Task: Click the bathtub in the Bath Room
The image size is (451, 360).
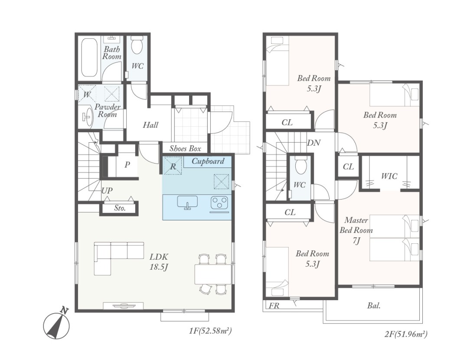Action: click(89, 58)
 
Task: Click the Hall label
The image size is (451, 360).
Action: click(151, 125)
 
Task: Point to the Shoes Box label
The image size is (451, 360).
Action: click(185, 148)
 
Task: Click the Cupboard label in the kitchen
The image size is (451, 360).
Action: click(208, 161)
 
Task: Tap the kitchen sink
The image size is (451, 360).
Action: click(187, 203)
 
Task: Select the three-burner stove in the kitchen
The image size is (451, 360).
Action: click(220, 202)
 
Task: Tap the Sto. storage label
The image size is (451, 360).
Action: click(120, 208)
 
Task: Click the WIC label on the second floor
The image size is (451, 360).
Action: click(389, 176)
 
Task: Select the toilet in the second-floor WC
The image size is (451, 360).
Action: click(301, 165)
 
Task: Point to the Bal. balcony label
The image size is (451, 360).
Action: click(374, 306)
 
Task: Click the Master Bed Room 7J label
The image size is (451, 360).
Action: click(356, 230)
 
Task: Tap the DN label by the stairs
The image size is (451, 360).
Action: click(314, 142)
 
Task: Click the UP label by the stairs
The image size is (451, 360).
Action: click(107, 190)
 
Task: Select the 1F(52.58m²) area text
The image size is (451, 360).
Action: click(210, 331)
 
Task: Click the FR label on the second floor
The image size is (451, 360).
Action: click(274, 306)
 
